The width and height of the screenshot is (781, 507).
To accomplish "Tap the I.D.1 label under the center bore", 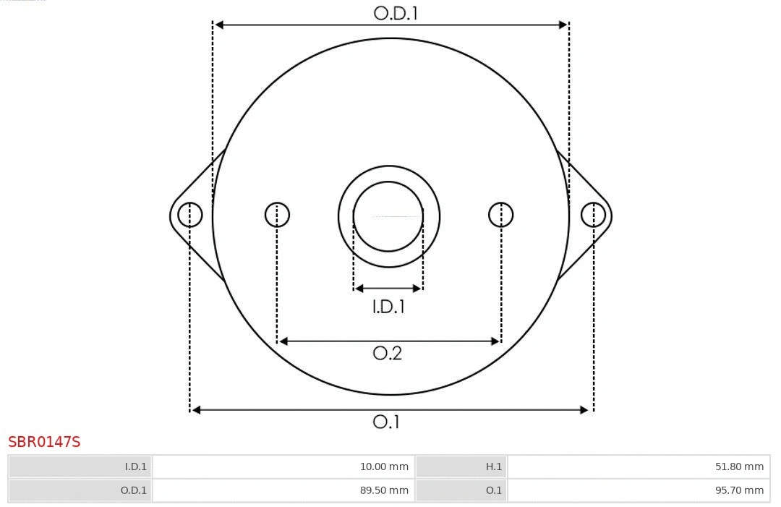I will [x=388, y=307].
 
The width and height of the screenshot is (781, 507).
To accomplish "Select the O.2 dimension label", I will [x=388, y=353].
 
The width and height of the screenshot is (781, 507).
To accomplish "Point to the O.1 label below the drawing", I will [x=386, y=422].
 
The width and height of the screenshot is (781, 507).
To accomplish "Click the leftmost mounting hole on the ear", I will [x=190, y=215].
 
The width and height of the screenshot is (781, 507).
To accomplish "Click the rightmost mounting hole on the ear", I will [x=593, y=215].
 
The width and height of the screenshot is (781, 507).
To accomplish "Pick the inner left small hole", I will [x=277, y=215].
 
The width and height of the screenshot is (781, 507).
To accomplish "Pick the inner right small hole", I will [x=501, y=215].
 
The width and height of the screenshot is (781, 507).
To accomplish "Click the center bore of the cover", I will [x=388, y=216].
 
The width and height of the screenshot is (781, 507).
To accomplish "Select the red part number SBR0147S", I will [x=44, y=442].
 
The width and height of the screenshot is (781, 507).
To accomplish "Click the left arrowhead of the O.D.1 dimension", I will [x=219, y=25].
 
